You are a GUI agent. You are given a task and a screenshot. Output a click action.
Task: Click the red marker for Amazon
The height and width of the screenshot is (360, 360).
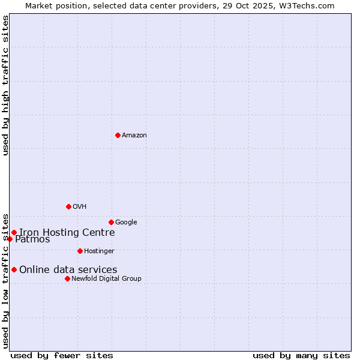tap(118, 135)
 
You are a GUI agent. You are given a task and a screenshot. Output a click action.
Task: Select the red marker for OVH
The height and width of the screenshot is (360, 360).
tap(68, 206)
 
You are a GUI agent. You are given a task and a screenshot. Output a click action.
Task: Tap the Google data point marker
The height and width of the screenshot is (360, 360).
tap(111, 222)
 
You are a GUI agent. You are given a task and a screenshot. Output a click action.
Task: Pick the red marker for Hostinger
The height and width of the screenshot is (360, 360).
tap(80, 251)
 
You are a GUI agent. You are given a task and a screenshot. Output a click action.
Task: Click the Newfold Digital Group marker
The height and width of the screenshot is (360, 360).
tap(67, 278)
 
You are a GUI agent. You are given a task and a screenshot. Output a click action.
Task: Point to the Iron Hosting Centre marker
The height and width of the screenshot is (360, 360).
tap(14, 232)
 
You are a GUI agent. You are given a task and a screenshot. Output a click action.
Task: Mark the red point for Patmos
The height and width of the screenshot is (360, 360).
tap(10, 239)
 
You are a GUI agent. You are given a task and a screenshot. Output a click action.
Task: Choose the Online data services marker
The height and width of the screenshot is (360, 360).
tap(14, 269)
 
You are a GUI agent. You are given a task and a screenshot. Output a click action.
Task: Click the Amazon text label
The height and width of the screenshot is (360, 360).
tap(134, 136)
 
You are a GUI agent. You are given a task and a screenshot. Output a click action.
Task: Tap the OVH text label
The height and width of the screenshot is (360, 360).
tap(80, 207)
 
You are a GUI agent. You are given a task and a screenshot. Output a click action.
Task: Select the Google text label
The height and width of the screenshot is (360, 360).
tap(126, 223)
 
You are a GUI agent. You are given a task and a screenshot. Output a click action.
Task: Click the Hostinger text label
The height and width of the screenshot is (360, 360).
tap(99, 251)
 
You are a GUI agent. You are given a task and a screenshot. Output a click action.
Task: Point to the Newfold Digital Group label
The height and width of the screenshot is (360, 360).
tap(106, 279)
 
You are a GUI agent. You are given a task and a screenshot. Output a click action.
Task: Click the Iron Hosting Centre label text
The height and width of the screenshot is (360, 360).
tap(67, 233)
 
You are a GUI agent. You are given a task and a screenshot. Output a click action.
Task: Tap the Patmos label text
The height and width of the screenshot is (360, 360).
tap(32, 239)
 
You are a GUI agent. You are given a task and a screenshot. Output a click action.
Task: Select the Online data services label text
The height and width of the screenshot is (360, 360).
tap(68, 270)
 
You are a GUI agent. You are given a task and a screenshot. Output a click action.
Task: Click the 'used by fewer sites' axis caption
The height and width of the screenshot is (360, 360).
tap(62, 355)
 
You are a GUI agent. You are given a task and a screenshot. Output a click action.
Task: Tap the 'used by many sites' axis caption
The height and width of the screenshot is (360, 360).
tap(301, 355)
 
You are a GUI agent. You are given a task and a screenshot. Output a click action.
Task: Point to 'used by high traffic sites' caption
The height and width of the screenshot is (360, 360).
tap(5, 85)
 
